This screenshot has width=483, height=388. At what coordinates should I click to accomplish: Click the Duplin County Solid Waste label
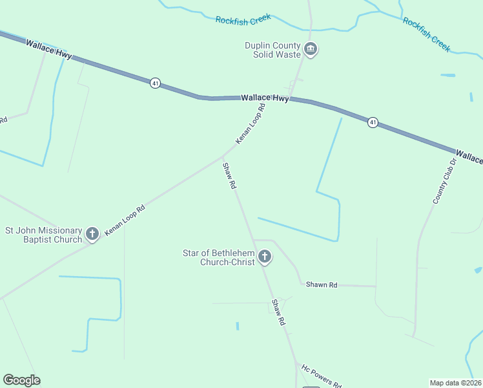tap(272, 50)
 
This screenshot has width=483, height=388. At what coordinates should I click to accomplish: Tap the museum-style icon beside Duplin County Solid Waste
tap(311, 50)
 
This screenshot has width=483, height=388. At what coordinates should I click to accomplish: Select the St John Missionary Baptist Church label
tap(44, 235)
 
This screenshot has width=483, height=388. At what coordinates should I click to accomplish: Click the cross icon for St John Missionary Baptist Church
tap(92, 234)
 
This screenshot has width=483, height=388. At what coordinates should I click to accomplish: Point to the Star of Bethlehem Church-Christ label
tap(219, 257)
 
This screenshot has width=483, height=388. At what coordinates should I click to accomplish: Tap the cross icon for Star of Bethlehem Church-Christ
tap(264, 257)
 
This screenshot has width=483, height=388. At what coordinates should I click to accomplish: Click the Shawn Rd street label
tap(322, 285)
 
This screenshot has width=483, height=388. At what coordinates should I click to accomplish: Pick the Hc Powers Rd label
tap(321, 375)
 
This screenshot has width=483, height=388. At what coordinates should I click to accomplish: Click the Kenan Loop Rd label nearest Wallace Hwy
tap(251, 123)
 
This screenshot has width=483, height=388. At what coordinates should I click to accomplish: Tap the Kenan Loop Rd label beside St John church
tap(125, 220)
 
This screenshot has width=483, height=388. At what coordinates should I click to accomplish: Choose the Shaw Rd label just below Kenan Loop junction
tap(229, 175)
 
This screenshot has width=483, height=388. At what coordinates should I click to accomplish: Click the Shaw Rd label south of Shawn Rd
tap(278, 312)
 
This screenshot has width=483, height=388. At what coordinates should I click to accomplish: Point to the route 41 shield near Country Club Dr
tap(373, 122)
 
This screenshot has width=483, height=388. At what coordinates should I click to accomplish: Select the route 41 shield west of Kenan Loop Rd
tap(155, 83)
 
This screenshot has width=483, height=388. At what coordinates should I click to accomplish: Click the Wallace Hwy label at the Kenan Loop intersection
tap(265, 98)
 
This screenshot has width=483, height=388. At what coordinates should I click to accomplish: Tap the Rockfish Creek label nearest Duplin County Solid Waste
tap(243, 20)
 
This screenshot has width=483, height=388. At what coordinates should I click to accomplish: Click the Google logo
tap(21, 380)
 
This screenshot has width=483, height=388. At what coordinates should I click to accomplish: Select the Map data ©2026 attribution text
tap(456, 383)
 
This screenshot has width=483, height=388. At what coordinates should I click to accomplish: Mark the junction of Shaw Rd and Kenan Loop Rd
tap(223, 155)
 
